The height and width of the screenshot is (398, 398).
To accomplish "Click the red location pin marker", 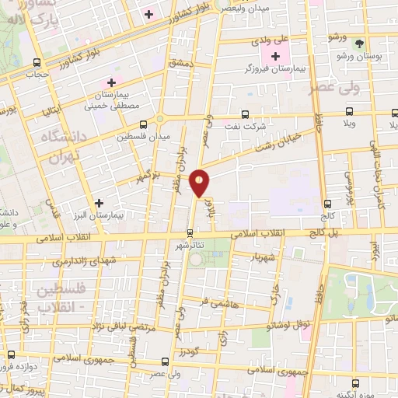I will click(201, 183).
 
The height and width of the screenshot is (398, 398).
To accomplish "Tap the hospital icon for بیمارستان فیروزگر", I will click(275, 55).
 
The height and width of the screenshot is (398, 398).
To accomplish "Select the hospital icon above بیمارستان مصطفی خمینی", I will click(111, 82).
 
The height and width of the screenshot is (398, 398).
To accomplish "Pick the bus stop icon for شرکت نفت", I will click(246, 113).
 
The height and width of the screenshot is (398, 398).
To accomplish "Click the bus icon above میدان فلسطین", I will click(143, 124).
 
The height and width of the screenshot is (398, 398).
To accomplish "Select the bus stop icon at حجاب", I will click(35, 63).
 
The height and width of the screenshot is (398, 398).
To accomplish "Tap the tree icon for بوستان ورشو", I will click(358, 44).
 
